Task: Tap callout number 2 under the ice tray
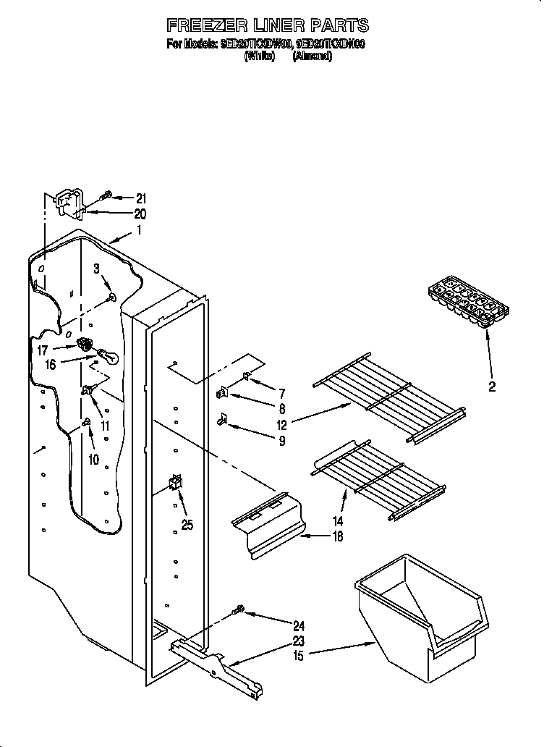tap(492, 387)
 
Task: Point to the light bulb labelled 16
tap(106, 355)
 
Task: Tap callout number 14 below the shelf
tap(338, 521)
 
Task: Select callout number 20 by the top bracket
tap(140, 214)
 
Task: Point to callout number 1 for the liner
tap(139, 232)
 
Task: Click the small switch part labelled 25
tap(174, 482)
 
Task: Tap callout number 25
tap(187, 526)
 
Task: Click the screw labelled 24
tap(237, 612)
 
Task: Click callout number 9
tap(281, 440)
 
